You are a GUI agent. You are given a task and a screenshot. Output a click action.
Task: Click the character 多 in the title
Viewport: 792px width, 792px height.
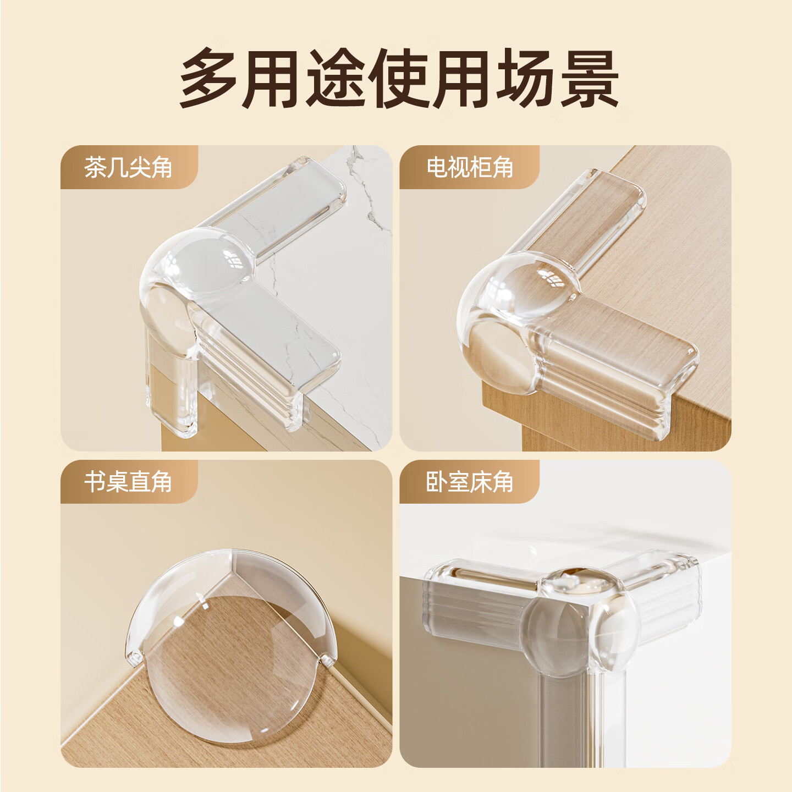click(210, 78)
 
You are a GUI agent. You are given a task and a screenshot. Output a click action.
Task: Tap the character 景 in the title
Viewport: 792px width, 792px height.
click(589, 78)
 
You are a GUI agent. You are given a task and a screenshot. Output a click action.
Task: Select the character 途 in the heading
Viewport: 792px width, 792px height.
click(336, 78)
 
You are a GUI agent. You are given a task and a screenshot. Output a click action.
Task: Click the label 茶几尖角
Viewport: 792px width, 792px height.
click(128, 167)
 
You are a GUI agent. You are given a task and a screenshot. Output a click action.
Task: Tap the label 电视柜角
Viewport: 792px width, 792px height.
click(470, 167)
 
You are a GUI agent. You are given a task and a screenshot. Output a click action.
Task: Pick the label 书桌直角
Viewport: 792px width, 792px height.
click(128, 482)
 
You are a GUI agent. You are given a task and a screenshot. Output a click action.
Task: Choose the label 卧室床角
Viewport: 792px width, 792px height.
click(470, 482)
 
